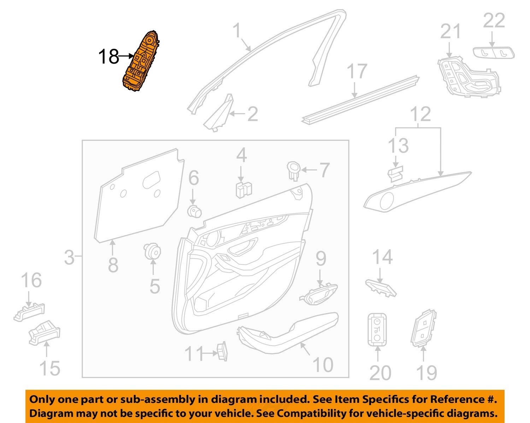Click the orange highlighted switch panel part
(x=140, y=64)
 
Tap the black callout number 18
(x=108, y=57)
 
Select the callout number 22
(x=494, y=21)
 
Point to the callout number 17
(x=357, y=72)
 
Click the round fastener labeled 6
(x=194, y=211)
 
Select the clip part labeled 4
(x=243, y=189)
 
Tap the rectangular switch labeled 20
(x=377, y=329)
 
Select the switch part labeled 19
(x=423, y=328)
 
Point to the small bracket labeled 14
(x=380, y=287)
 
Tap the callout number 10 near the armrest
(x=323, y=364)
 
